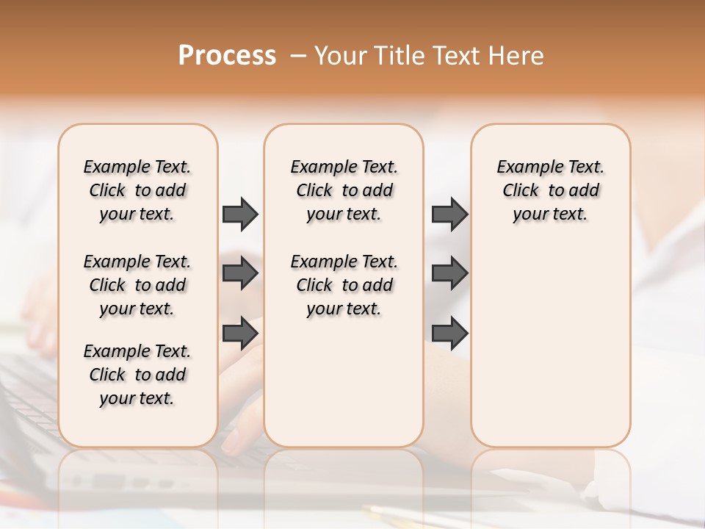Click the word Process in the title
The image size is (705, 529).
pos(227,55)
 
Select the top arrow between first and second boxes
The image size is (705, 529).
pos(240,214)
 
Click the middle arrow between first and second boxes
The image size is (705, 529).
pos(240,273)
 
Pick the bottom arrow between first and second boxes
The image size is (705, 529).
pos(240,334)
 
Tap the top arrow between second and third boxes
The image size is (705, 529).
pos(449,214)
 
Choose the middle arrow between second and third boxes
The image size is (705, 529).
pos(449,273)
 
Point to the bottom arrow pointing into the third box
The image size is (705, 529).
pos(449,334)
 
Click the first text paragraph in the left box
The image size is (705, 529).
pos(137,190)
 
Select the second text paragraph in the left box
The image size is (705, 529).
pos(137,285)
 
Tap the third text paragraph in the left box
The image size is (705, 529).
pos(137,375)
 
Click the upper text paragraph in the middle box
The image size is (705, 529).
pos(344,190)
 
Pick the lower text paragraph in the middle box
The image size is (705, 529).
pos(344,285)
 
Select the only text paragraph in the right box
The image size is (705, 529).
pos(550,190)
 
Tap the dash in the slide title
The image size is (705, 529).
pos(298,56)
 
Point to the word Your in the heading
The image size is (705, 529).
pos(341,56)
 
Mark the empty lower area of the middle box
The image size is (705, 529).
pos(344,382)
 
